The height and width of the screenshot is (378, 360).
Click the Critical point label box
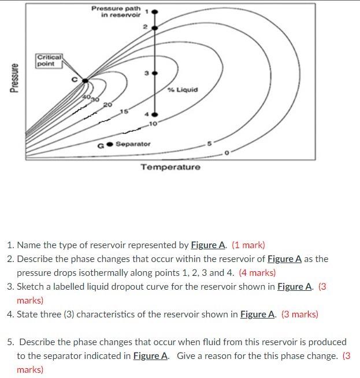(x=49, y=60)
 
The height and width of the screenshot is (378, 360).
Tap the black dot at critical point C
(x=85, y=81)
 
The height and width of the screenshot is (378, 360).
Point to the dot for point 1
(x=154, y=11)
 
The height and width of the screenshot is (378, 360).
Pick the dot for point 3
(x=154, y=74)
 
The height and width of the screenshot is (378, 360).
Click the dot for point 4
(x=154, y=114)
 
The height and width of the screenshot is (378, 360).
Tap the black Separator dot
(x=109, y=144)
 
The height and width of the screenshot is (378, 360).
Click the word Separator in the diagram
(x=133, y=144)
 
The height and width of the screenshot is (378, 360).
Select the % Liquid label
(x=183, y=89)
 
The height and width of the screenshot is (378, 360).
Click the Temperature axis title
(x=171, y=167)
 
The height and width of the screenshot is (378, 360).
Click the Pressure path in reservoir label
(x=117, y=11)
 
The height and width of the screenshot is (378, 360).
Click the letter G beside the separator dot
(x=101, y=145)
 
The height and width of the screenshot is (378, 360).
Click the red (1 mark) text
(x=248, y=245)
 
